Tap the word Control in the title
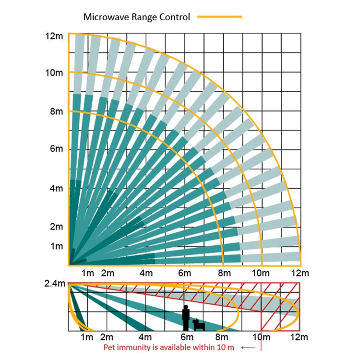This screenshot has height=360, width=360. point(176,17)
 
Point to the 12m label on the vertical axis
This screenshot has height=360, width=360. point(54,36)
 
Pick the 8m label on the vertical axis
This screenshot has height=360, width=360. point(56,111)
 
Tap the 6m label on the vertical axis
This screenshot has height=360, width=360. point(56,149)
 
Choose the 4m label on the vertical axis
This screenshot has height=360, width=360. point(56,188)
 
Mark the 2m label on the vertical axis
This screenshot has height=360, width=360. point(56,226)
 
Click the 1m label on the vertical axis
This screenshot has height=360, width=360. point(56,246)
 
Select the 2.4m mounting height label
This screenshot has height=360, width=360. point(54,283)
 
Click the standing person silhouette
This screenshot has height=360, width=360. point(185,317)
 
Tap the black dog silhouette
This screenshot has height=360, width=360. point(199,325)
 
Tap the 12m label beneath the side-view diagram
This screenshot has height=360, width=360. point(300,337)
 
